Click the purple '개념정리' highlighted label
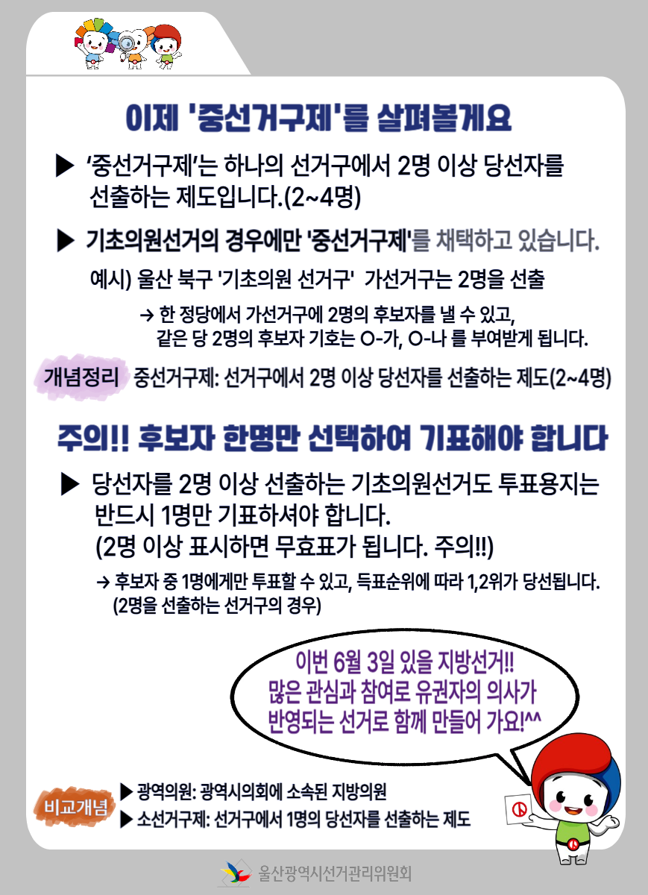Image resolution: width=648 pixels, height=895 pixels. tap(81, 377)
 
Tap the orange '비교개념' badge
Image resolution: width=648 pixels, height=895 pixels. tap(75, 807)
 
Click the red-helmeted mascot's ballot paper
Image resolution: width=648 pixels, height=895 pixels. tap(519, 809)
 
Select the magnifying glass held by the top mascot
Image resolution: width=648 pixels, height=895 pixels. tap(127, 43)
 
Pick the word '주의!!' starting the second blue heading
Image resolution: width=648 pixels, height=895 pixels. tap(93, 439)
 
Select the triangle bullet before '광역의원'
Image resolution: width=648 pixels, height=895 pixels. tap(126, 791)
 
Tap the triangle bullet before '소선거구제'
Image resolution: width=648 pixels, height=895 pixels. tap(126, 819)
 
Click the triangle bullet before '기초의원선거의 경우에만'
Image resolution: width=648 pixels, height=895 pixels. tap(66, 241)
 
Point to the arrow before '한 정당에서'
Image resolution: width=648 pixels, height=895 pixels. tap(147, 315)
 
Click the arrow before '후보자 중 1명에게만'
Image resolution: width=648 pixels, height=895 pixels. tap(103, 582)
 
